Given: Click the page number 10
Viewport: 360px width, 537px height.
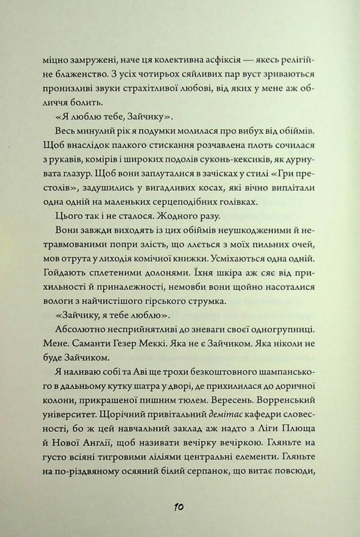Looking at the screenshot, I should [x=178, y=507].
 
